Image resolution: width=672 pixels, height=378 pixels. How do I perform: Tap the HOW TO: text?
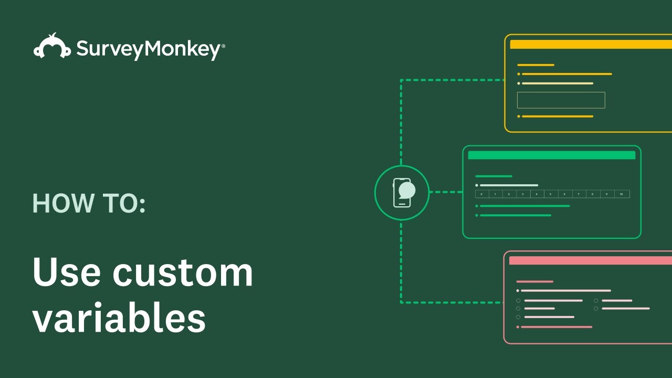click(89, 203)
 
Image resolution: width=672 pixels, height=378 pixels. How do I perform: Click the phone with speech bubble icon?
click(402, 192)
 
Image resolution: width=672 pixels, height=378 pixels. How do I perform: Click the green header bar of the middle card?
click(551, 155)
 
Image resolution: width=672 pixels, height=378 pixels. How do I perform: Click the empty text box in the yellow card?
click(561, 100)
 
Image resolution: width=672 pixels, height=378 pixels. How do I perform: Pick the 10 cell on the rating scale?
click(622, 194)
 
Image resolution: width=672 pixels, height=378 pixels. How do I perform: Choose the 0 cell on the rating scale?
click(482, 194)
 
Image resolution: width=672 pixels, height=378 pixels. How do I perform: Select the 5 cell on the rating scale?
click(551, 194)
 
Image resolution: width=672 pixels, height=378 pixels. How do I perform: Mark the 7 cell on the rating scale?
click(579, 194)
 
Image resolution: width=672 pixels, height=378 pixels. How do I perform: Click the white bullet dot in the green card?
click(477, 185)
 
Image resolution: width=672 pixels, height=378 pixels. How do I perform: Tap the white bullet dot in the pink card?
click(518, 290)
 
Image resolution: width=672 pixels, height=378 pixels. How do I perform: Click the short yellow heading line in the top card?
click(535, 65)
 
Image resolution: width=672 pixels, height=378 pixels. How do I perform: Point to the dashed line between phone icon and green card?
click(446, 192)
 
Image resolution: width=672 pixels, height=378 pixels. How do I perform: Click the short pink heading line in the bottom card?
click(534, 281)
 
